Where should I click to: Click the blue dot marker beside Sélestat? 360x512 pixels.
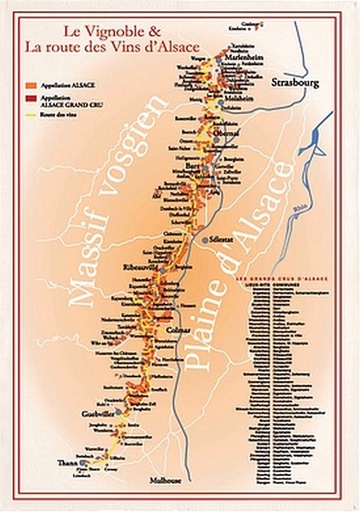click(204, 241)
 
